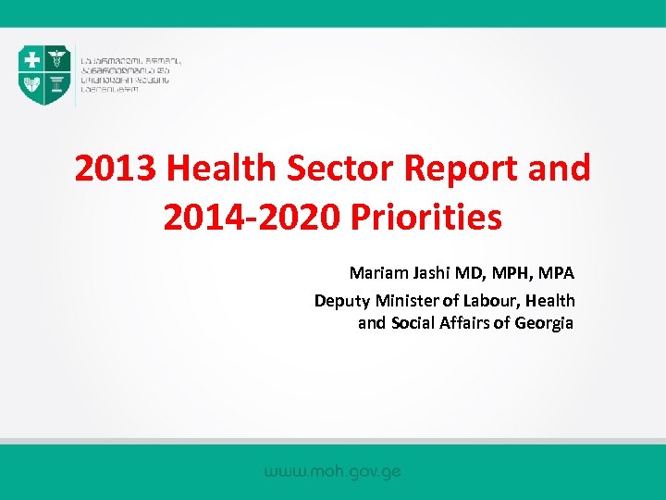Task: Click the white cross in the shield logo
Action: [x=33, y=61]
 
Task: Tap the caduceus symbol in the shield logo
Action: [x=56, y=61]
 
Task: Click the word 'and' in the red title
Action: [x=558, y=169]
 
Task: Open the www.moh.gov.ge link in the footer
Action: [x=332, y=471]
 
